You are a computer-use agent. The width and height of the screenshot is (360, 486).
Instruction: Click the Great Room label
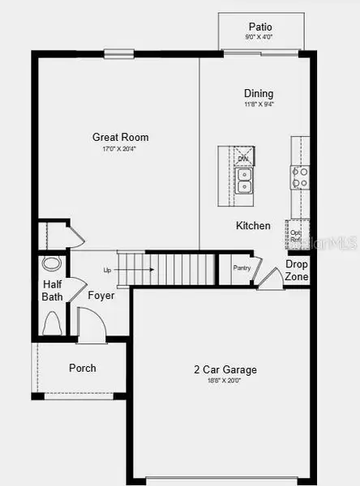coord(120,137)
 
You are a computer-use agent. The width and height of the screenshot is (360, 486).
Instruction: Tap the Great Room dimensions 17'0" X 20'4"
coord(120,148)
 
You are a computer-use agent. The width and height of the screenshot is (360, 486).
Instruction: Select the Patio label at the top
coord(260,27)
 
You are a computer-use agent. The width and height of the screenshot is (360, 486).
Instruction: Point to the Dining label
coord(259,93)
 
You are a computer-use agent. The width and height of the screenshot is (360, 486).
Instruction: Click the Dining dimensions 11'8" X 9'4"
coord(259,104)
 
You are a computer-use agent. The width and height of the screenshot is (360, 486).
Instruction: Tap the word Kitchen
coord(253,225)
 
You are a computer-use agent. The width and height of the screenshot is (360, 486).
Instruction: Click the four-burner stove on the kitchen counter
coord(300,177)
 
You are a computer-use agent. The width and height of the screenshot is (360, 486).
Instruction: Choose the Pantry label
coord(241,268)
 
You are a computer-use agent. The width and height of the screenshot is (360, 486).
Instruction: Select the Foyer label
coord(101,296)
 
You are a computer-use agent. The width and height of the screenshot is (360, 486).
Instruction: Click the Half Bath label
coord(52,291)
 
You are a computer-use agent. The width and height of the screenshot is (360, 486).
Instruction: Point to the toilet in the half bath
coord(53,324)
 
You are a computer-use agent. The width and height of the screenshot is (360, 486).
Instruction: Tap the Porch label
coord(82,368)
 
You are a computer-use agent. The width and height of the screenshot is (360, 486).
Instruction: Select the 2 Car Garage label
coord(225,369)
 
